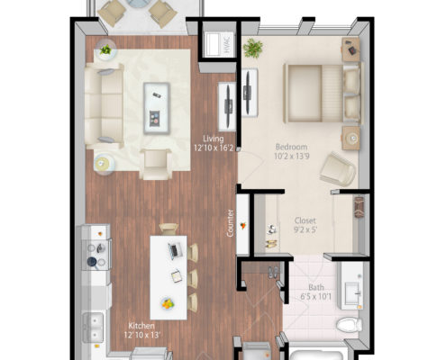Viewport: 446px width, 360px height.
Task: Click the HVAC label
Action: tap(227, 44)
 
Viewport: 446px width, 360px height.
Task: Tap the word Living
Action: tap(214, 139)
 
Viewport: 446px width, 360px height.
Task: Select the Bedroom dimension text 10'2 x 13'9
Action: tap(292, 157)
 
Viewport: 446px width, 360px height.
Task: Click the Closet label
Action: tap(305, 220)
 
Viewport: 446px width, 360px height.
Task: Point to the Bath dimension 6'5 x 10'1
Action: tap(316, 297)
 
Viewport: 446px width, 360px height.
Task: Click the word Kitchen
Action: tap(141, 326)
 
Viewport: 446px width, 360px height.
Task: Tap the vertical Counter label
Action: tap(231, 223)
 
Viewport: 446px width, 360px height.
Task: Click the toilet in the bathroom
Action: tap(350, 325)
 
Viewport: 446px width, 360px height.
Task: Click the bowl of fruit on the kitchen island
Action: tap(168, 303)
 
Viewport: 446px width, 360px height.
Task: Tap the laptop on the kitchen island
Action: tap(176, 251)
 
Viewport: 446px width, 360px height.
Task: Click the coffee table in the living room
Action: tap(157, 108)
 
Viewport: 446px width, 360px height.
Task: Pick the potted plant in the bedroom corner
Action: tap(253, 48)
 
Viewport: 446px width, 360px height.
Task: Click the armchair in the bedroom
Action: tap(338, 169)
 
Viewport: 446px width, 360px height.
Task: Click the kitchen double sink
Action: tap(93, 328)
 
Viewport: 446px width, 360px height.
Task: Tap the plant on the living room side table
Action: tap(105, 49)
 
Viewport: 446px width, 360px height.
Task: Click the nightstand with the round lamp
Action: tap(350, 138)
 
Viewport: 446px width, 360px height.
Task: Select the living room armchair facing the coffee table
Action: tap(156, 164)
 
